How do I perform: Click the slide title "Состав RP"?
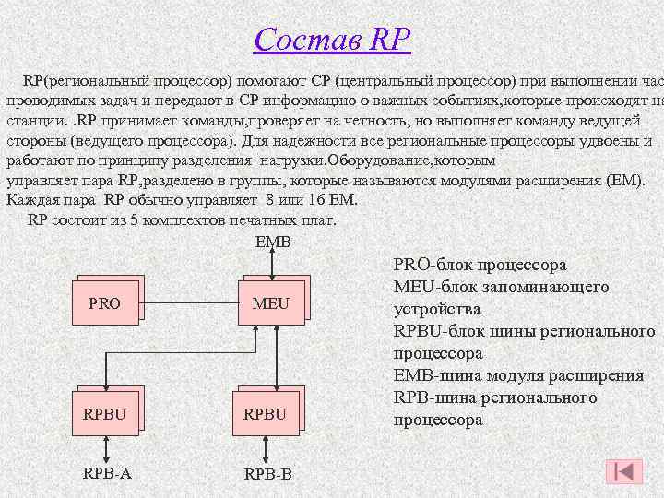(332, 40)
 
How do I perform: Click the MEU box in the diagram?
(271, 302)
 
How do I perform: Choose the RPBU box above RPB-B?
(266, 413)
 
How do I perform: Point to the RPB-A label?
(107, 473)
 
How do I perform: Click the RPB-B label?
(267, 474)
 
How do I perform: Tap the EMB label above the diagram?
(272, 242)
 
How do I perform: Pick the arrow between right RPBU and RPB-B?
(266, 448)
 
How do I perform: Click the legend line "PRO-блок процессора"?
(480, 265)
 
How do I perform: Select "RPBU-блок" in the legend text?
(437, 331)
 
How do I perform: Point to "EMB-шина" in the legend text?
(435, 375)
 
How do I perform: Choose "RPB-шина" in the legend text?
(433, 397)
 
